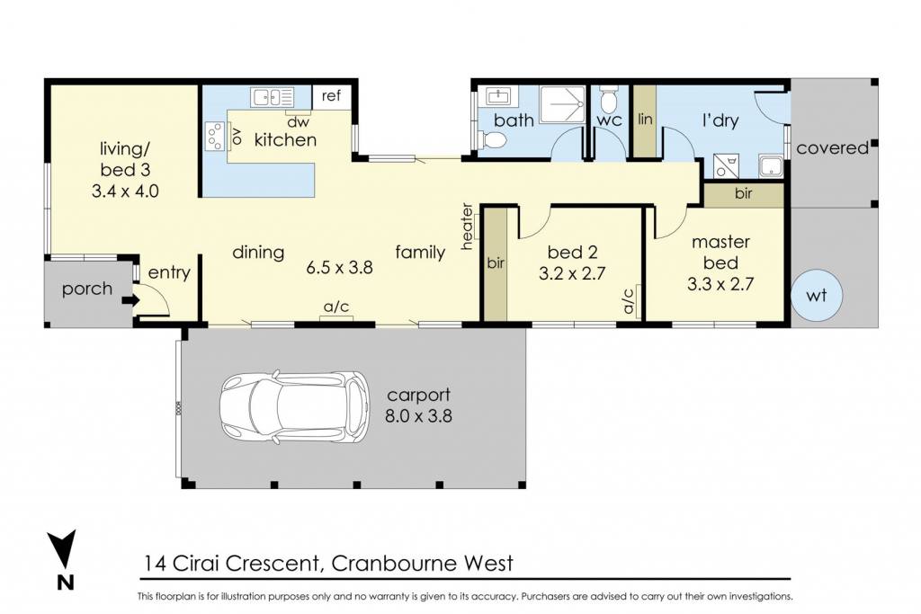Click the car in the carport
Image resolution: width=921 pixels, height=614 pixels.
coord(295,405)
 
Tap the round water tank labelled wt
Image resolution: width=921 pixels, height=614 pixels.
coord(817,295)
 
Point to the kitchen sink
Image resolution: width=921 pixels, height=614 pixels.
coord(272,97)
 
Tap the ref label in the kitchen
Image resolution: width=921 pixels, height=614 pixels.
coord(331,95)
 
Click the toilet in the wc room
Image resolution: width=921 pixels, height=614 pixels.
coord(609,99)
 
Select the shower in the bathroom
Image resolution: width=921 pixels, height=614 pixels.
coord(563,105)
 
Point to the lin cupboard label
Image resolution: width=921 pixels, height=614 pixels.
coord(645,120)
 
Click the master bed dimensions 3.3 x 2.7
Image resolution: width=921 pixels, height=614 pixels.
coord(720,284)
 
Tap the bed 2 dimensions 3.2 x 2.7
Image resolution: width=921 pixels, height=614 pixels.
coord(571,273)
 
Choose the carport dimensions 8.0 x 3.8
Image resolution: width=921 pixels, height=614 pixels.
coord(418,416)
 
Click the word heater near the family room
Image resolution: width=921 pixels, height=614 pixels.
coord(467,227)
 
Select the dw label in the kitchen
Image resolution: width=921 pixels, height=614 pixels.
coord(299,122)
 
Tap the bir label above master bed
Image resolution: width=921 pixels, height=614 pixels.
coord(743,193)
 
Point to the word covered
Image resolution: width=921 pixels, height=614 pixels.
coord(832,148)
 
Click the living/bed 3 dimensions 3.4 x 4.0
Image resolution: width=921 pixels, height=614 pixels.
coord(125,191)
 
